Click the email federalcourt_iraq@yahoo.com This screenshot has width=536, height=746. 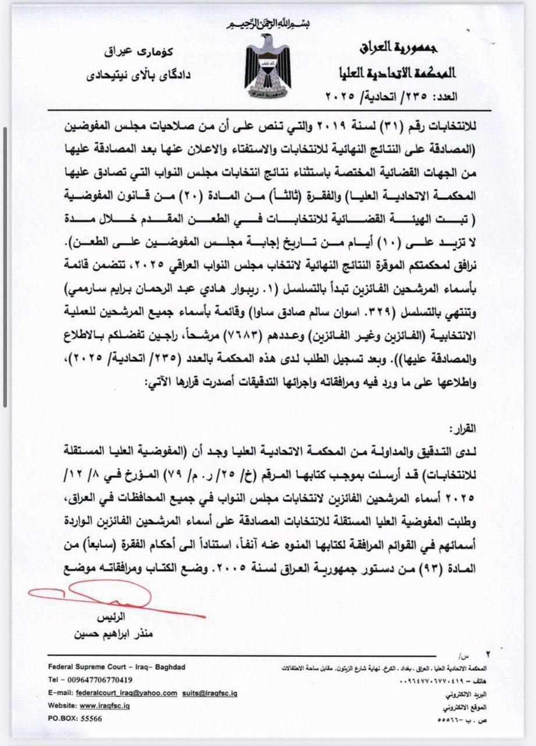pyautogui.click(x=126, y=693)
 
